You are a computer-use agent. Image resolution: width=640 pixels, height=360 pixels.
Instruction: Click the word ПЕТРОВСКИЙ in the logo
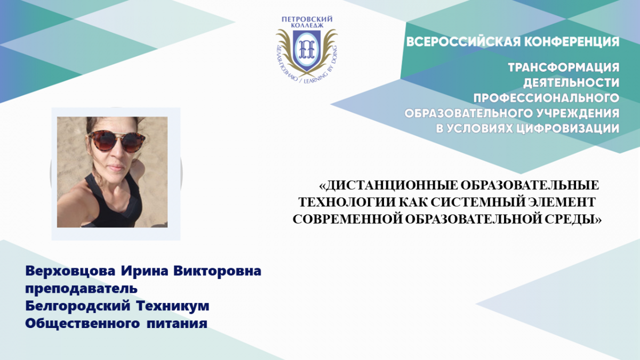click(307, 19)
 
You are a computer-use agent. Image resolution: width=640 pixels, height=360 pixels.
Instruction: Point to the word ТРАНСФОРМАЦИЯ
click(564, 68)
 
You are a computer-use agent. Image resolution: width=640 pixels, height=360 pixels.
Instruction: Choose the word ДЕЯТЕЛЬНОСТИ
click(571, 83)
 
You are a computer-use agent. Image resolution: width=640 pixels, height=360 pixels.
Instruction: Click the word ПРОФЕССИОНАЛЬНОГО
click(546, 98)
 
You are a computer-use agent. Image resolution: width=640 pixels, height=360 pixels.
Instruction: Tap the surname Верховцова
click(70, 271)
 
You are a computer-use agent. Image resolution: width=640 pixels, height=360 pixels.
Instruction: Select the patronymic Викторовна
click(218, 271)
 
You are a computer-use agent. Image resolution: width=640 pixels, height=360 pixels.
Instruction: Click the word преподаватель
click(82, 289)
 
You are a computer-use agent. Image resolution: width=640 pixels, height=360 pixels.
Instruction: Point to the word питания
click(177, 324)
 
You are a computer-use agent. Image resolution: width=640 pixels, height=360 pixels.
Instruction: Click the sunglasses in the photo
click(116, 141)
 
